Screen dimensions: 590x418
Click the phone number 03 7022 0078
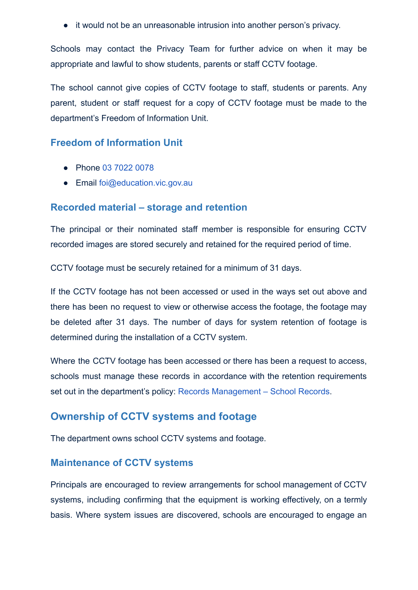click(x=128, y=168)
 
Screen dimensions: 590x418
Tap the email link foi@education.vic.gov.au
click(x=146, y=183)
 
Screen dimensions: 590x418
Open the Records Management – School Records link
click(x=254, y=391)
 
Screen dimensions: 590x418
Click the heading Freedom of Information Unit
click(x=116, y=143)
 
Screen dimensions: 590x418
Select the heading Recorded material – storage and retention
click(x=149, y=207)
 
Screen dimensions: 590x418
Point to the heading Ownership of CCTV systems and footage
click(x=154, y=416)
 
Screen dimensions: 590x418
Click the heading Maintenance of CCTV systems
click(x=122, y=463)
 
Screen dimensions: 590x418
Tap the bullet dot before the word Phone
click(x=66, y=168)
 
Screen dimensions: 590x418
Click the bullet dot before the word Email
click(x=66, y=183)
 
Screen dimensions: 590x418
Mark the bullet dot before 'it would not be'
click(x=66, y=26)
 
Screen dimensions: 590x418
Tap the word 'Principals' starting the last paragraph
click(x=69, y=485)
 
